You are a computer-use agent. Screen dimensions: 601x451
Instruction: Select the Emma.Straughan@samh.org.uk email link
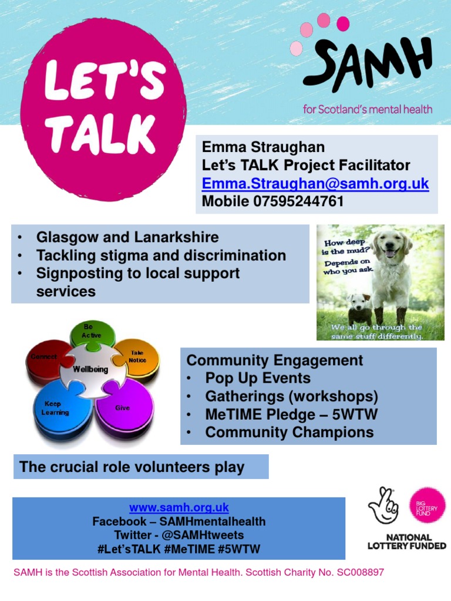click(315, 184)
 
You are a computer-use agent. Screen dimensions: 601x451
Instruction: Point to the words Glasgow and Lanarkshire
click(127, 238)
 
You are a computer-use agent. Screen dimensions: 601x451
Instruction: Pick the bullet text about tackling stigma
click(161, 255)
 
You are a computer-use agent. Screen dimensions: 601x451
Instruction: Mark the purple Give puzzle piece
click(124, 408)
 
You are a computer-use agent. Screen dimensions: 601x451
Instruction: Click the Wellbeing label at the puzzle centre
click(90, 370)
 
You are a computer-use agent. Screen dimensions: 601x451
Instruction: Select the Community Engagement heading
click(275, 360)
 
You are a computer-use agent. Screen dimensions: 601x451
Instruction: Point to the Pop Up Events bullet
click(258, 378)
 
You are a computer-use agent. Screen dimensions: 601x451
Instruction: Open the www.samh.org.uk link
click(179, 507)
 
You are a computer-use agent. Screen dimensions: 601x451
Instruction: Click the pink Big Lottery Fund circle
click(427, 505)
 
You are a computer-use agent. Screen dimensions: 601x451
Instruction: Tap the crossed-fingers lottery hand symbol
click(383, 506)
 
